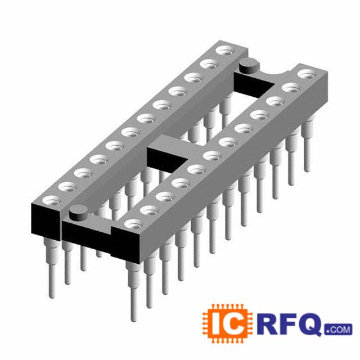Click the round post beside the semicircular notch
[248, 66]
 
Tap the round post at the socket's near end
[79, 214]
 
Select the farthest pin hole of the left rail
[224, 50]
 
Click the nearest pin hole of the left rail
[51, 200]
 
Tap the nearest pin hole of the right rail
[133, 224]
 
